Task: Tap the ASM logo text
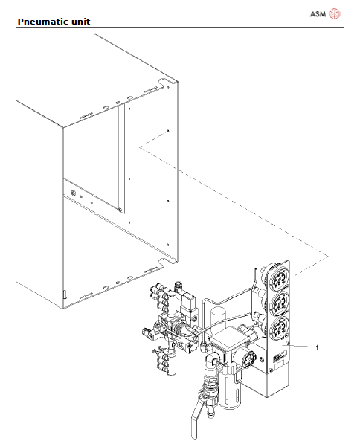[x=317, y=13]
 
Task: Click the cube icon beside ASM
[x=335, y=13]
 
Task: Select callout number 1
[x=318, y=347]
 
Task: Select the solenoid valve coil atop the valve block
[x=183, y=306]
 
